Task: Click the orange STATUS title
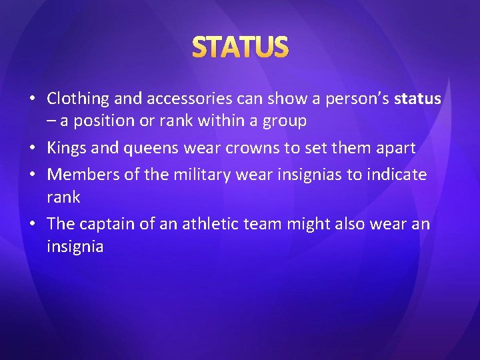pos(240,47)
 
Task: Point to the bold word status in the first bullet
pos(417,99)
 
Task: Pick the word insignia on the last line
pos(75,247)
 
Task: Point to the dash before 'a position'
pos(51,122)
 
